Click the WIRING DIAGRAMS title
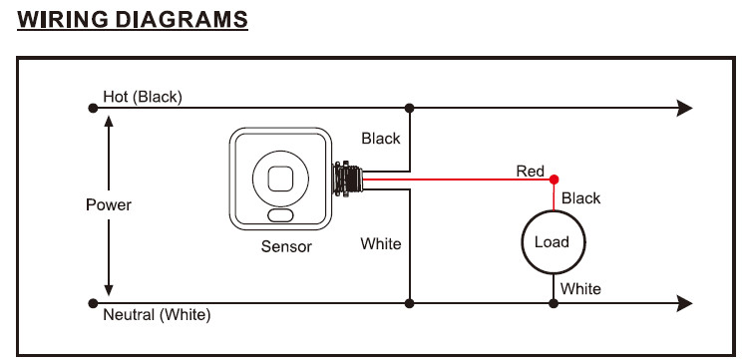click(133, 20)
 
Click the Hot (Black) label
click(143, 97)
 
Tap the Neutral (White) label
click(157, 315)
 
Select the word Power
click(109, 204)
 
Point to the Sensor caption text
click(286, 246)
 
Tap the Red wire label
click(530, 171)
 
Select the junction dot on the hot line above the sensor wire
click(409, 108)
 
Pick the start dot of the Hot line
click(94, 108)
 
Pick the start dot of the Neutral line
click(94, 301)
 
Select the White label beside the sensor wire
click(381, 243)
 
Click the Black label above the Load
click(580, 198)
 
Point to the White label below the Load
click(580, 288)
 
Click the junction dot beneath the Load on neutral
click(554, 301)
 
